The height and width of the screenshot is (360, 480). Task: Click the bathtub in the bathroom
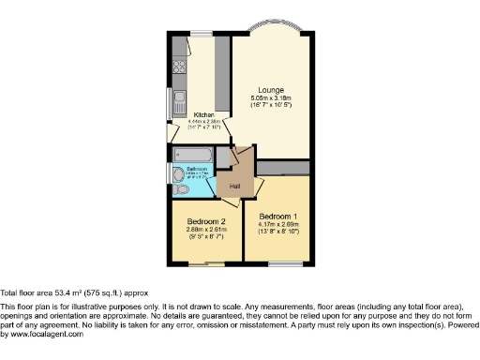click(x=191, y=154)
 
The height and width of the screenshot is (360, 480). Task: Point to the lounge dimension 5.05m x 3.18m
click(x=271, y=98)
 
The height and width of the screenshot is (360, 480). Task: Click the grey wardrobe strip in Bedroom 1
click(x=286, y=167)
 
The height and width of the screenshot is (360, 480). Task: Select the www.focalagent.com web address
click(x=41, y=335)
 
